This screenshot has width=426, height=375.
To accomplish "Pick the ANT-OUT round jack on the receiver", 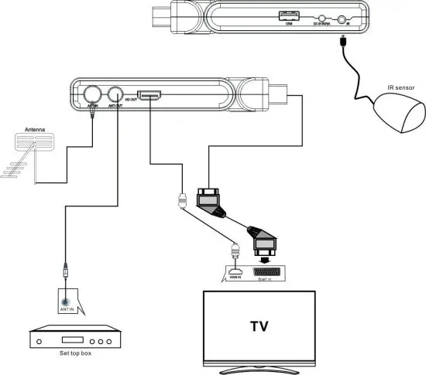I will (117, 94).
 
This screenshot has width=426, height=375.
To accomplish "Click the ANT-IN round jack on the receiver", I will (92, 94).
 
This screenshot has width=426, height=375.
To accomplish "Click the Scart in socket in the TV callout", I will (268, 274).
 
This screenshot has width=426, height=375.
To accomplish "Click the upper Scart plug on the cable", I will (211, 202).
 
